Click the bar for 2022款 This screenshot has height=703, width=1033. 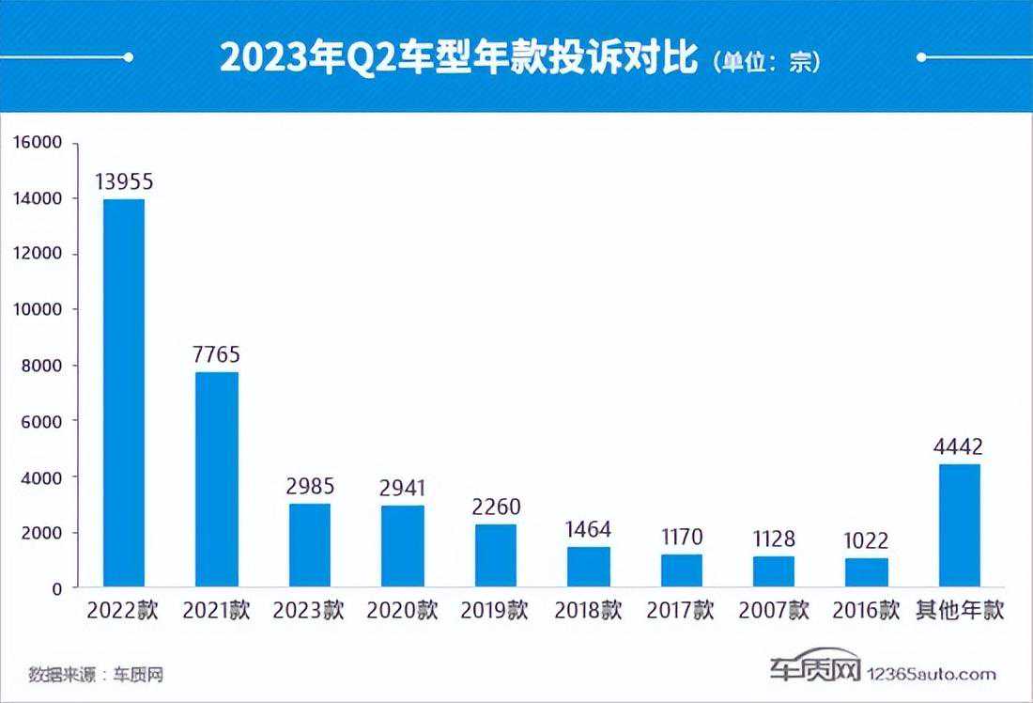pos(123,393)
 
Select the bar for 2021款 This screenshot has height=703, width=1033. pos(216,479)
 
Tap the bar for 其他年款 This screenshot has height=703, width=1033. pos(959,525)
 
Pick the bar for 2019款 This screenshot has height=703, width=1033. pos(495,555)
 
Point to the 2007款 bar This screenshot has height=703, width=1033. pos(774,571)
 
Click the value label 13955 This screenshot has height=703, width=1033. pos(123,181)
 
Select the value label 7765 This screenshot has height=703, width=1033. pos(216,355)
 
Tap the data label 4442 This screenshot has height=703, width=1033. pos(959,446)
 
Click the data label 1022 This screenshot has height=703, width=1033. pos(867,540)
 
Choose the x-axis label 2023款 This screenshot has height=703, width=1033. pos(309,611)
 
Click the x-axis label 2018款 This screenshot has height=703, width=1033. pos(588,611)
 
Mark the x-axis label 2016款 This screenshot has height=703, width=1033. pos(867,611)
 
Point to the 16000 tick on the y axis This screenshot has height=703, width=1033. pos(38,143)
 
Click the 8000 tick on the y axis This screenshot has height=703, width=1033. pos(42,366)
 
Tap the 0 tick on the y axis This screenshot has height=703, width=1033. pos(57,588)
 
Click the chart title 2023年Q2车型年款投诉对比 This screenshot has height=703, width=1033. pos(459,58)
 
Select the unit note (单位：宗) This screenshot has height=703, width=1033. pos(766,62)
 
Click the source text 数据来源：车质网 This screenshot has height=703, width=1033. pos(88,674)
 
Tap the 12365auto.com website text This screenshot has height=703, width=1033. pos(930,673)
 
